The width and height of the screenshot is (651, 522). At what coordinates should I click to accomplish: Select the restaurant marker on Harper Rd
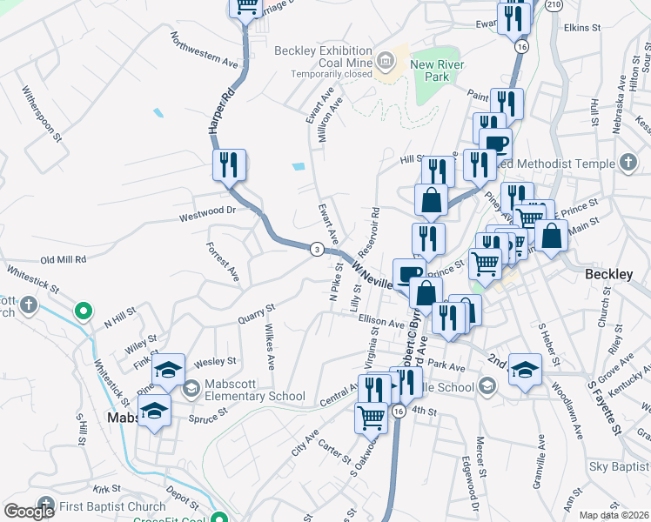coord(229,164)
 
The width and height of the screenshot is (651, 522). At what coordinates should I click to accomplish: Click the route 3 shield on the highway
coord(318,250)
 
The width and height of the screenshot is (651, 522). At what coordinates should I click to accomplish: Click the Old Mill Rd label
coord(64,259)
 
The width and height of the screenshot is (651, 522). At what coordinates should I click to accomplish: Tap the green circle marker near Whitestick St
coord(84,310)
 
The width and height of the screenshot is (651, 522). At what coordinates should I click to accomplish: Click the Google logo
coord(29,512)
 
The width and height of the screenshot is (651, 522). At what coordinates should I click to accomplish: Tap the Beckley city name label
coord(609,274)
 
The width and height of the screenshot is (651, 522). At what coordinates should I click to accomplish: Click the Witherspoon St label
coord(43,113)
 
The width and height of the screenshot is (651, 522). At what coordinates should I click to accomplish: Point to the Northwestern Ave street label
coord(205,51)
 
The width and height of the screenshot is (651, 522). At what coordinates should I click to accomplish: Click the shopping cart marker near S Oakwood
coord(371,418)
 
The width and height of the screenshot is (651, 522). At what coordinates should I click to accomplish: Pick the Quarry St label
coord(257,313)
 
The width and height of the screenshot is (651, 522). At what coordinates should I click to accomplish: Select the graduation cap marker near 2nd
coord(525,369)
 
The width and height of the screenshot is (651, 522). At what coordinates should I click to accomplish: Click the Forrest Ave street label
coord(223,262)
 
